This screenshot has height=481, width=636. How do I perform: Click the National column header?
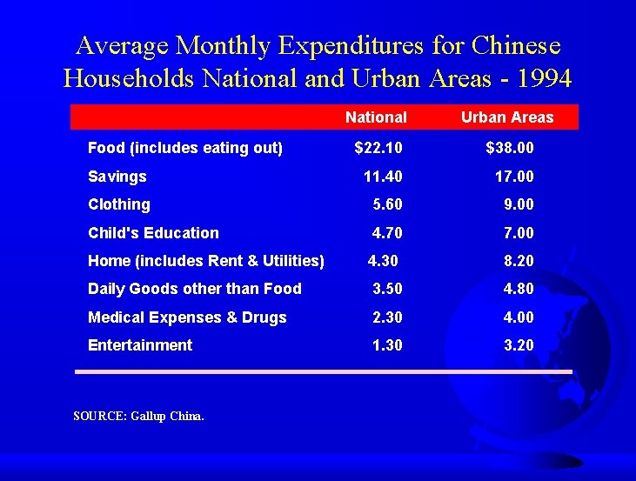[376, 117]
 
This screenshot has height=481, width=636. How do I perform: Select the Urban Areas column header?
[507, 117]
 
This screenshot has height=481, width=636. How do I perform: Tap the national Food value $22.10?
[378, 148]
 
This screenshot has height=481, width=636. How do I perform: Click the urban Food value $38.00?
[510, 148]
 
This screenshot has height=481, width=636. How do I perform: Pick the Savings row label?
[117, 177]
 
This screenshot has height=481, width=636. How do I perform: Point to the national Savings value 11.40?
[383, 177]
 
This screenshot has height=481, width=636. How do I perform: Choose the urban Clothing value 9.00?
[519, 204]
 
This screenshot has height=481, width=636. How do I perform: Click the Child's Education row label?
[153, 233]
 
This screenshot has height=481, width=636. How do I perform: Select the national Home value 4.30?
[383, 260]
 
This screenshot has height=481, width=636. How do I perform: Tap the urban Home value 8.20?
[519, 260]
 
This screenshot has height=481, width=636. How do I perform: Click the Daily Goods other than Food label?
[195, 289]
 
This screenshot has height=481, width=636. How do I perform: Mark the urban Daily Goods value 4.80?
[519, 289]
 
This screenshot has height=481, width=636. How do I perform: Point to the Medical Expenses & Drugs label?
[187, 317]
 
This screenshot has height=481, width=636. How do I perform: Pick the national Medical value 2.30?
[387, 317]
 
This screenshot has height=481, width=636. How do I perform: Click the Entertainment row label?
[140, 345]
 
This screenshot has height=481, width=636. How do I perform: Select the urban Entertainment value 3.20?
[519, 345]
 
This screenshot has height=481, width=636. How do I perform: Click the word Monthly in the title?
[223, 46]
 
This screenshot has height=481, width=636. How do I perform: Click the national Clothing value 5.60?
[387, 204]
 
